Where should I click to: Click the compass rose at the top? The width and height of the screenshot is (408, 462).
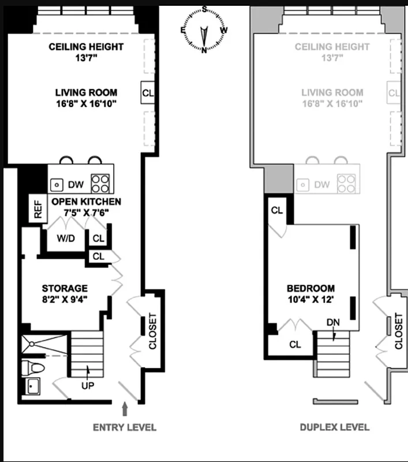pyautogui.click(x=204, y=31)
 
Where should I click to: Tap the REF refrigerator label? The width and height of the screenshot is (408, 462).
pyautogui.click(x=38, y=209)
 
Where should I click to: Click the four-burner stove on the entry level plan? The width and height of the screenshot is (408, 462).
pyautogui.click(x=100, y=183)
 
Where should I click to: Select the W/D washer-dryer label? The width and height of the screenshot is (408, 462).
pyautogui.click(x=65, y=238)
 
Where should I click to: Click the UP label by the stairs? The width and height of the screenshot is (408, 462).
pyautogui.click(x=88, y=384)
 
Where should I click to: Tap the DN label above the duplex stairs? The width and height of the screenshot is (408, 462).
pyautogui.click(x=332, y=322)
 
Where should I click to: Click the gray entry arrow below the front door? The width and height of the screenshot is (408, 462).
pyautogui.click(x=125, y=409)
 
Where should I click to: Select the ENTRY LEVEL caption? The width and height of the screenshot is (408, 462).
pyautogui.click(x=125, y=427)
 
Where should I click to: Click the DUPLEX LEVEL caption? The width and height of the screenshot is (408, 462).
pyautogui.click(x=334, y=427)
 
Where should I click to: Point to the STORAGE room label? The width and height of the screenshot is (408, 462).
pyautogui.click(x=65, y=288)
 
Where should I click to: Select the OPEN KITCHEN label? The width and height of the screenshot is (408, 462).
pyautogui.click(x=86, y=202)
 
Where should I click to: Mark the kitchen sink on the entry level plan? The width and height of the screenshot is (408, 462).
pyautogui.click(x=57, y=185)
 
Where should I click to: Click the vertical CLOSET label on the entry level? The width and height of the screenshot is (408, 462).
pyautogui.click(x=152, y=331)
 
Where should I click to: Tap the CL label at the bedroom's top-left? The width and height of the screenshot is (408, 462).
pyautogui.click(x=277, y=210)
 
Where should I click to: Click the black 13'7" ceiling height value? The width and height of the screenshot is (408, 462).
pyautogui.click(x=86, y=58)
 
